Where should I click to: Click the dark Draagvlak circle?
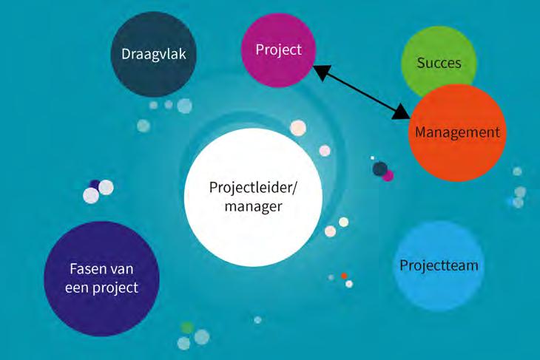click(x=152, y=55)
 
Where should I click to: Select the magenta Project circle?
click(x=279, y=50)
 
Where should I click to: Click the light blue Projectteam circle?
click(x=439, y=265)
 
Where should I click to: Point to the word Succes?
click(x=439, y=63)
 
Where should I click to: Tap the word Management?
click(x=457, y=133)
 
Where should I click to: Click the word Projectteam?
click(x=439, y=265)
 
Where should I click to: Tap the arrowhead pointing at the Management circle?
click(x=401, y=112)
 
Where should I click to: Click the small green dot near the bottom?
click(x=187, y=327)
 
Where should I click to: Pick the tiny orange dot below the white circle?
click(x=344, y=276)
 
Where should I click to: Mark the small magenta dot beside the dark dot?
click(x=388, y=176)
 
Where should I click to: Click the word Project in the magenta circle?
click(x=279, y=50)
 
